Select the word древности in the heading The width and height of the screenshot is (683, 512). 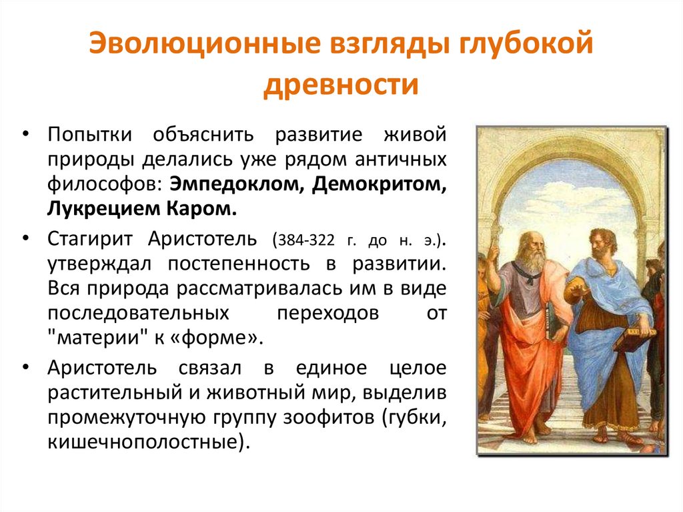341,86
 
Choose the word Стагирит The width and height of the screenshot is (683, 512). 91,239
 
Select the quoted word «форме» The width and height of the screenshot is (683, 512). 213,335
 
